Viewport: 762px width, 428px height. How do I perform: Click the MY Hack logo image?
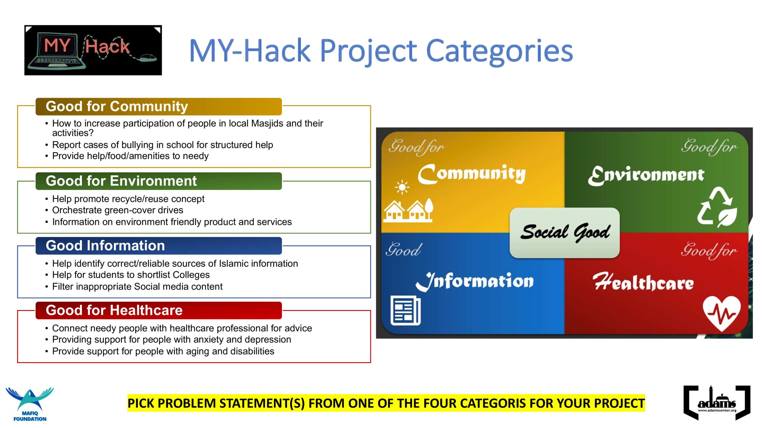93,50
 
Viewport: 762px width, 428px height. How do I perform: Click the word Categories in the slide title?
499,51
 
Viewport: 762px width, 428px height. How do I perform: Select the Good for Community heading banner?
159,106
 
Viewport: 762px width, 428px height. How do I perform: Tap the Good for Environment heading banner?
159,181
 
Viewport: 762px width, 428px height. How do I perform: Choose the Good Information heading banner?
159,246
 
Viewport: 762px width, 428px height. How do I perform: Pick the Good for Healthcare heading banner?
159,310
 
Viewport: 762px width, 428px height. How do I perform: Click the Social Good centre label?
565,233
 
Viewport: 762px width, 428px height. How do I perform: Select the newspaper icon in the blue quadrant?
405,311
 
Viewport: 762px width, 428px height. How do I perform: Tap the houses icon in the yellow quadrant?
408,210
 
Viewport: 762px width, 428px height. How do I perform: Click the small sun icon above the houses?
402,187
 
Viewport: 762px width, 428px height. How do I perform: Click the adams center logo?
717,403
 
